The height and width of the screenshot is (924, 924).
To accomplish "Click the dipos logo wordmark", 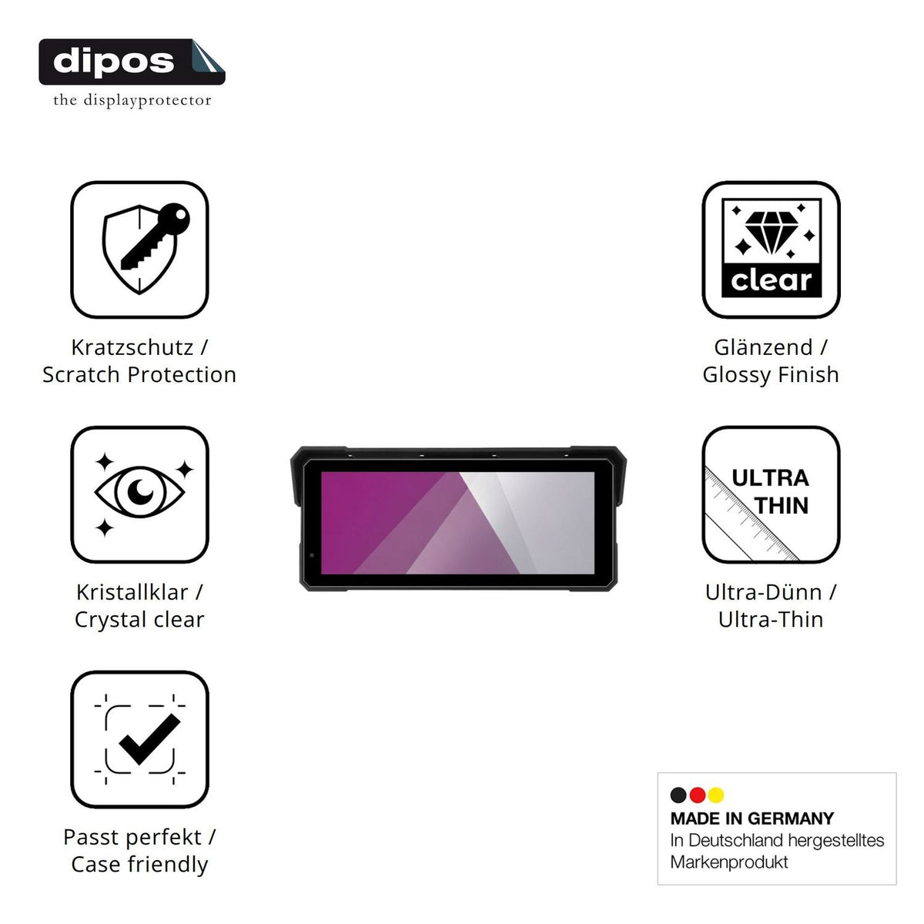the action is tap(114, 62).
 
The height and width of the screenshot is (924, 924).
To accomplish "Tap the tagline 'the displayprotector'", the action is tap(132, 101).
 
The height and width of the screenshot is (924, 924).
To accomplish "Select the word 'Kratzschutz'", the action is tap(132, 347).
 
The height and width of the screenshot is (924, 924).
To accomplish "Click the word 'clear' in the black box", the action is tap(771, 280).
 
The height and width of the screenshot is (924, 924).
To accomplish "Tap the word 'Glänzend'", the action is tap(763, 347).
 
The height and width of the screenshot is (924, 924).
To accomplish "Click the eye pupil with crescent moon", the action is tap(140, 491).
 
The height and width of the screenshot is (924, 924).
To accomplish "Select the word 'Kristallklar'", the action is tap(132, 592).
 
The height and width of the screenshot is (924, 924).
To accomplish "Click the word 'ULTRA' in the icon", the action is tap(771, 478).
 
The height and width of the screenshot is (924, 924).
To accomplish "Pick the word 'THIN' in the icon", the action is tap(781, 505).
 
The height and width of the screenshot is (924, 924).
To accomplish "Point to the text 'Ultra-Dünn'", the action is tap(763, 592).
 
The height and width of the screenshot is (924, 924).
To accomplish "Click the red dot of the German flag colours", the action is tap(697, 795).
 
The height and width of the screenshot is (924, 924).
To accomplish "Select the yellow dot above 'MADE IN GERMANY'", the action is tap(716, 795).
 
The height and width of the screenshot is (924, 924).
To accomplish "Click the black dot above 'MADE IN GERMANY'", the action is tap(678, 795).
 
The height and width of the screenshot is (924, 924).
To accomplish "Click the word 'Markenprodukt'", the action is tap(729, 862).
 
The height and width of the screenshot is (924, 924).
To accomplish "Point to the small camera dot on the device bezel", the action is tap(312, 555).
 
